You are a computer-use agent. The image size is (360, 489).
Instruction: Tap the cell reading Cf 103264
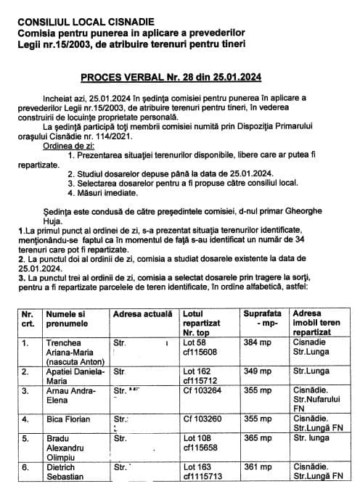click(205, 390)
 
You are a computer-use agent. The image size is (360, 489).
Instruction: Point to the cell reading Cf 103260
click(205, 419)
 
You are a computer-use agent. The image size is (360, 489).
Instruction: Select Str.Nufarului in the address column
click(317, 399)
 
